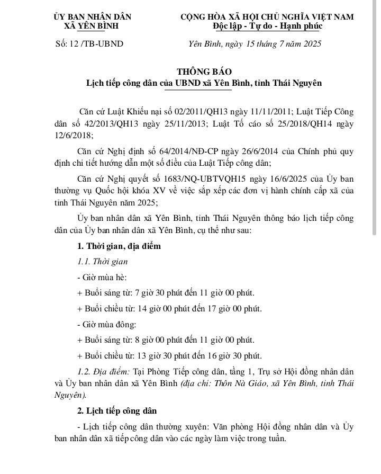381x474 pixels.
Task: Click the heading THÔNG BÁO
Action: (x=204, y=71)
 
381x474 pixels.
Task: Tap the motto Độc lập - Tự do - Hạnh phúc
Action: (x=267, y=26)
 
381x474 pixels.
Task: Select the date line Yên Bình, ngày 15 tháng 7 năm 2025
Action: (x=255, y=43)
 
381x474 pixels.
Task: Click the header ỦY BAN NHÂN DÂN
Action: (x=92, y=17)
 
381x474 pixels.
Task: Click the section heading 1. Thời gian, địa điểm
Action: (x=119, y=246)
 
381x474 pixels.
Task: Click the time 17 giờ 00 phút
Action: (x=232, y=309)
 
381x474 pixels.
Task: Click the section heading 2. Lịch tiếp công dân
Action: (x=116, y=410)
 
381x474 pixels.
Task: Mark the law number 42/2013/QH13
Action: (x=109, y=124)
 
